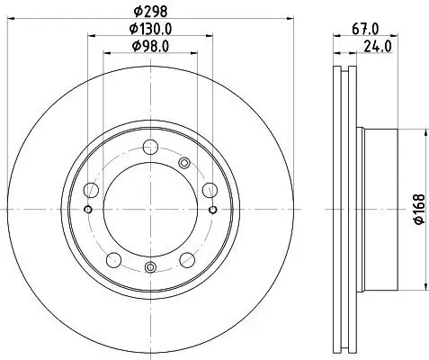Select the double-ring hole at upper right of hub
(x=185, y=163)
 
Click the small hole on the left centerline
(x=87, y=209)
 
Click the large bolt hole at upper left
(x=93, y=191)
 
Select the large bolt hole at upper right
(x=209, y=189)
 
